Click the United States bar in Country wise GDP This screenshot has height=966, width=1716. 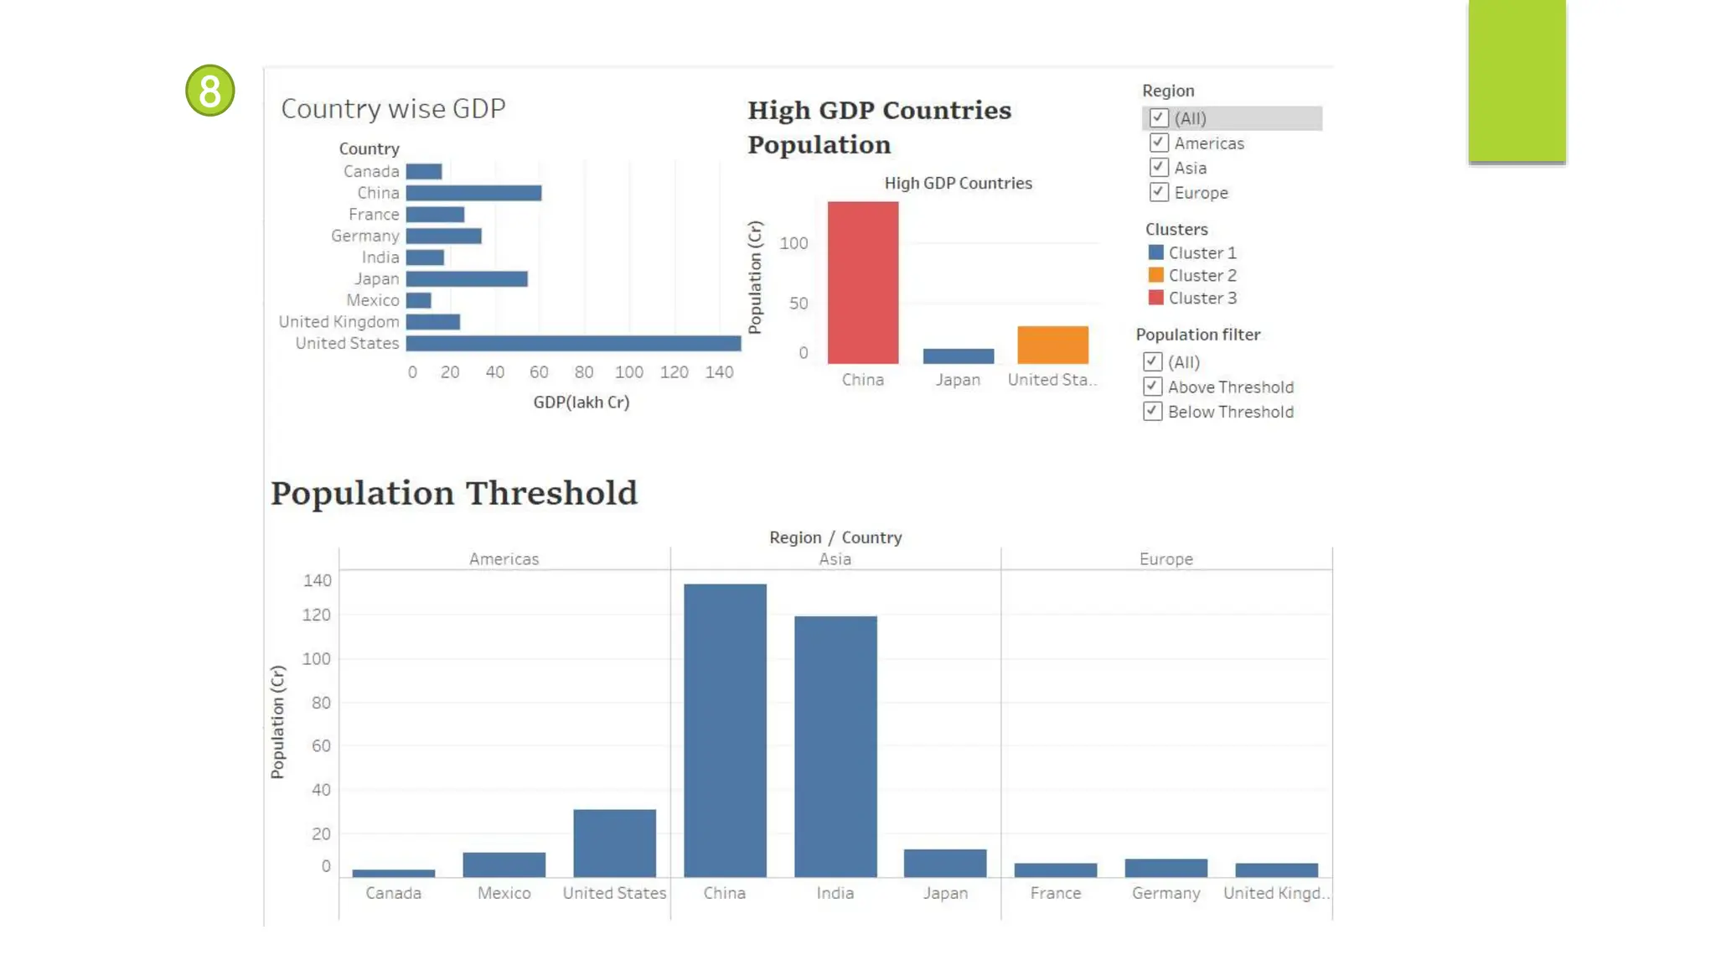[x=573, y=343]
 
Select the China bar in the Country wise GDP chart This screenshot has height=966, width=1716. [x=473, y=193]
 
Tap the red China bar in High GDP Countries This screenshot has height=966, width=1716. [x=863, y=283]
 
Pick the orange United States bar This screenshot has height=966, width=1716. [x=1052, y=345]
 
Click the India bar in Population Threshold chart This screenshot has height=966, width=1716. [x=835, y=746]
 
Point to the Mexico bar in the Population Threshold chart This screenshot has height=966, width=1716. [x=504, y=865]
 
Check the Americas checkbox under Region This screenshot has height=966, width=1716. [x=1159, y=143]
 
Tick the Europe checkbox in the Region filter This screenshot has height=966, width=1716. [x=1159, y=193]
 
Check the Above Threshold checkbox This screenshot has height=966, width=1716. [x=1153, y=387]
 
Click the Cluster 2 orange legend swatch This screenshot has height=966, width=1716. [x=1156, y=275]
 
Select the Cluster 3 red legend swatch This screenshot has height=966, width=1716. [x=1156, y=298]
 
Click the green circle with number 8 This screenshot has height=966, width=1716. [x=209, y=91]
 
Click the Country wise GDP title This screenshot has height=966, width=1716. [x=393, y=109]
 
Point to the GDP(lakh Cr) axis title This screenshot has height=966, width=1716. [x=581, y=402]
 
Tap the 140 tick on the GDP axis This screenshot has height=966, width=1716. [x=719, y=372]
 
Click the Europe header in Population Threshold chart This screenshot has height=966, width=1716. [x=1166, y=559]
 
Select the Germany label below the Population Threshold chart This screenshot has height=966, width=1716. [x=1166, y=893]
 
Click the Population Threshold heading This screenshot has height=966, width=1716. [x=454, y=493]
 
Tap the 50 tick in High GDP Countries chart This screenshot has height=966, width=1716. [x=799, y=304]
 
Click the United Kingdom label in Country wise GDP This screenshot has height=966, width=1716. [x=339, y=322]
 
